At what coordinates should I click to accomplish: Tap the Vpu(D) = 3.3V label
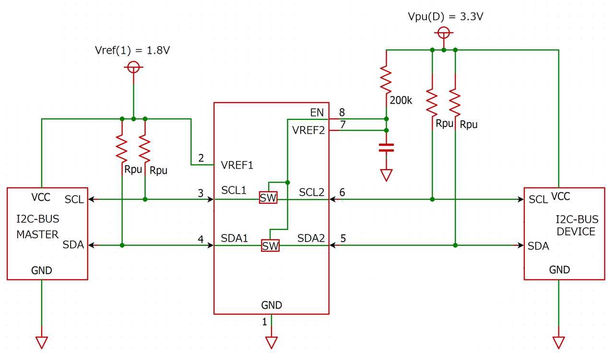pos(445,17)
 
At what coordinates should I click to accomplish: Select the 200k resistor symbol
pos(386,79)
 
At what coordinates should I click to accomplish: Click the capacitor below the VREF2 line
pos(386,147)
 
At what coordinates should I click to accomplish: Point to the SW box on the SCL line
pos(268,197)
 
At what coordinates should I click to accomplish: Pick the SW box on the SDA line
pos(270,246)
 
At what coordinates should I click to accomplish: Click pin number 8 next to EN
pos(342,113)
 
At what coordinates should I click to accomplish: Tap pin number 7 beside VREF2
pos(342,125)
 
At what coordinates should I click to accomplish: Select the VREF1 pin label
pos(237,165)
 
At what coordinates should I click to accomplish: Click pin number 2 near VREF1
pos(201,158)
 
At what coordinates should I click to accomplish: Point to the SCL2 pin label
pos(312,192)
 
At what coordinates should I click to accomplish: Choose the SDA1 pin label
pos(234,238)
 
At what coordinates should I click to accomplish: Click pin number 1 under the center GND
pos(264,322)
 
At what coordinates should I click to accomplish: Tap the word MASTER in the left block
pos(37,234)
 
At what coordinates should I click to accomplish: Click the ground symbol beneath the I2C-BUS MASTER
pos(42,342)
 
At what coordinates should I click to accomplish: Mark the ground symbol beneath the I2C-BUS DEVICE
pos(559,342)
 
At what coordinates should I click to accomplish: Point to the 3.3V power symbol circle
pos(444,33)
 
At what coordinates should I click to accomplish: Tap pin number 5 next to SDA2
pos(342,238)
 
